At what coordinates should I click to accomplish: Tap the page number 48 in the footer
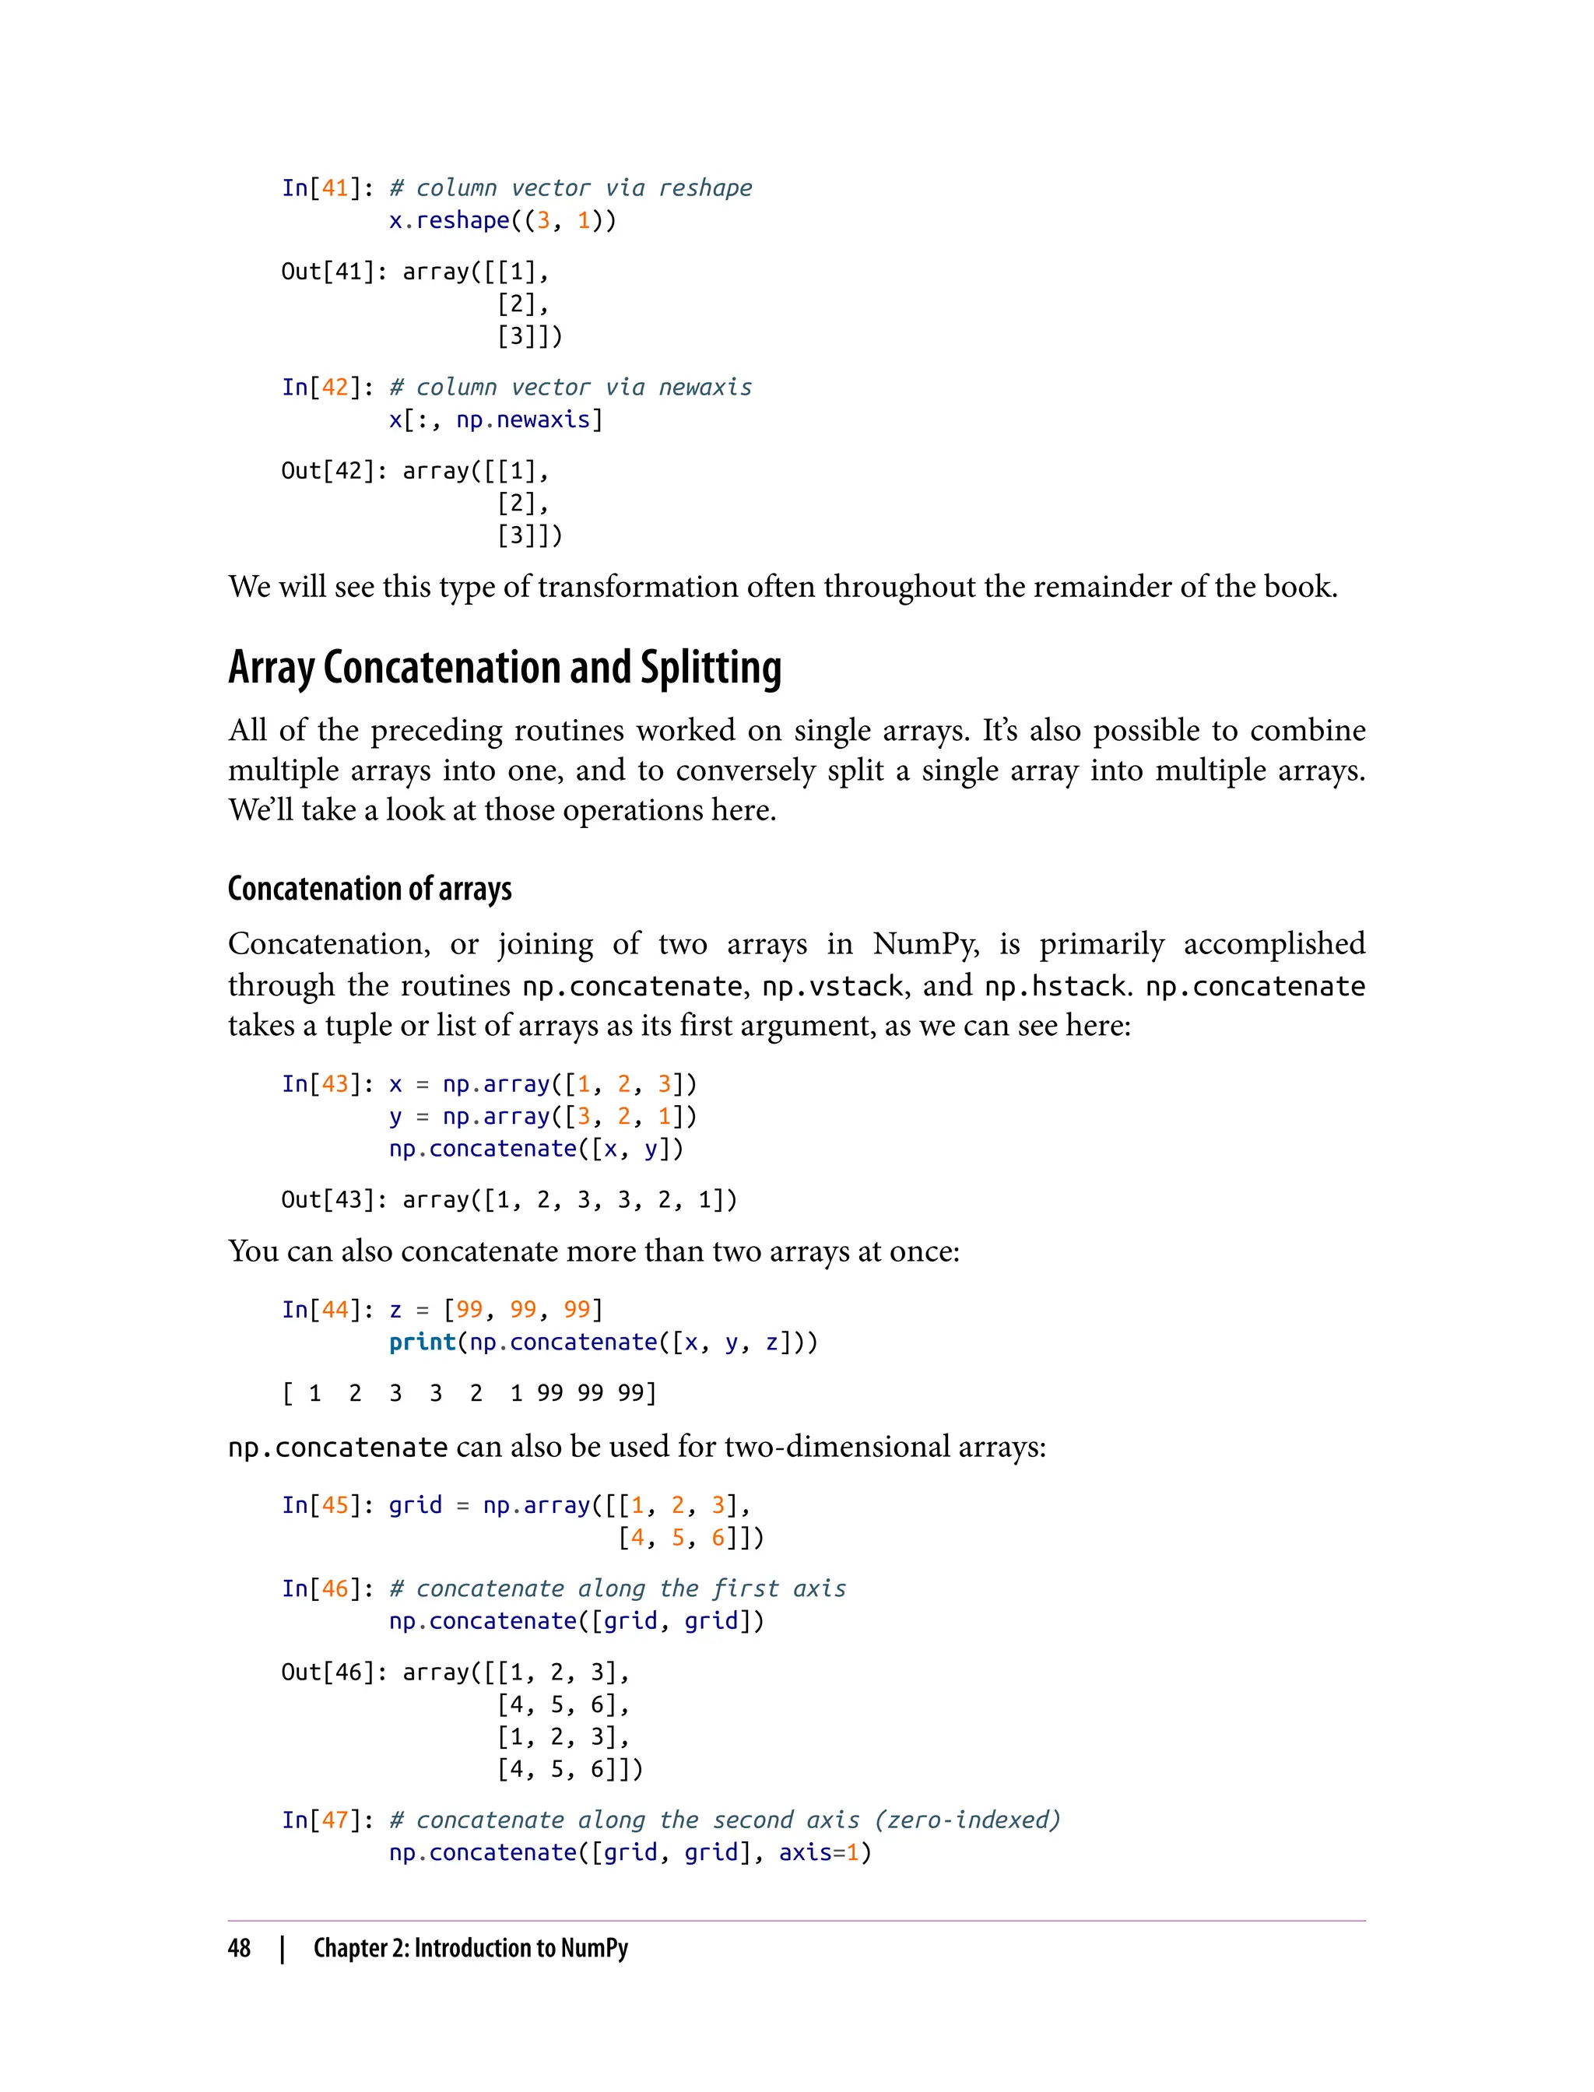(239, 1948)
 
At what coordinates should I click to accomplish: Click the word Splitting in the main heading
(711, 669)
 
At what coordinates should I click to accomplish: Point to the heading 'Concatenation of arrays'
(370, 889)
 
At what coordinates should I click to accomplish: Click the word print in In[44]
(422, 1342)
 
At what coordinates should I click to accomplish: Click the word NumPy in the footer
(594, 1948)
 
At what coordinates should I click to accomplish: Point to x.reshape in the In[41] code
(449, 220)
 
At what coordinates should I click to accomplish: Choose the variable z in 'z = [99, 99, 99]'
(395, 1311)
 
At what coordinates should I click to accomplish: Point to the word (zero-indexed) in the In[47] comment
(967, 1820)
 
